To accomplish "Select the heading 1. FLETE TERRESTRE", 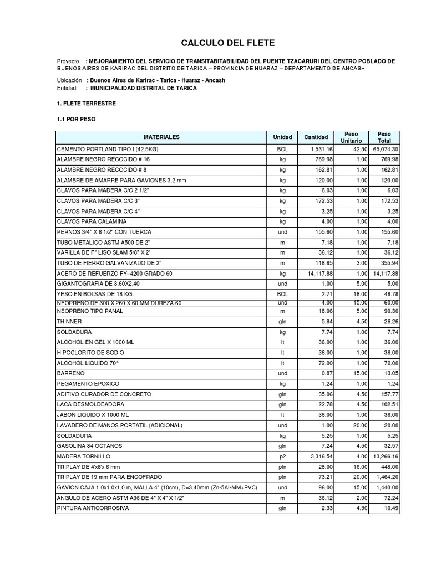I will pos(86,104).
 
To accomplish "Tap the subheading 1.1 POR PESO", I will pos(77,119).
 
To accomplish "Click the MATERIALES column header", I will pos(161,137).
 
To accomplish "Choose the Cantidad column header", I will pos(316,137).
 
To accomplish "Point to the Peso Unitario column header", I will pos(351,137).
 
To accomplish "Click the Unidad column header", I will pos(282,137).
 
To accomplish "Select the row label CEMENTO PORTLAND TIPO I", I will pos(103,150).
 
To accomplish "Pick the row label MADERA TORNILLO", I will pos(84,456).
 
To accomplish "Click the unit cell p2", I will pos(282,456).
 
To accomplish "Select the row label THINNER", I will pos(69,321).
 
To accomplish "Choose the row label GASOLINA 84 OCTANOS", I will pos(89,446).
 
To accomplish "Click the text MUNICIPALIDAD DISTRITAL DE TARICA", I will pos(142,88).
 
